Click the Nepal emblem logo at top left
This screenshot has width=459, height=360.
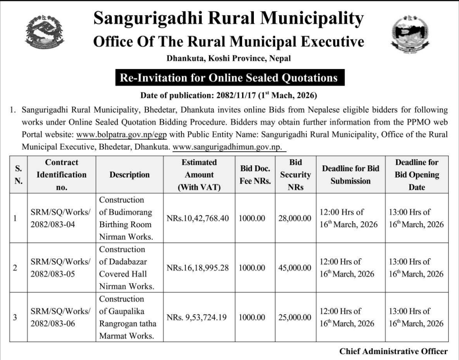pyautogui.click(x=44, y=32)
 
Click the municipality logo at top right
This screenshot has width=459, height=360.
pyautogui.click(x=410, y=33)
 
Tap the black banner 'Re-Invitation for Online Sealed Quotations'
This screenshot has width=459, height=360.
pyautogui.click(x=229, y=78)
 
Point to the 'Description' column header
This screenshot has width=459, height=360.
pyautogui.click(x=129, y=175)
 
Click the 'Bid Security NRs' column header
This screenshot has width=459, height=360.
pyautogui.click(x=295, y=175)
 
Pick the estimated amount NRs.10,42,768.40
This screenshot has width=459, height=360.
pyautogui.click(x=197, y=218)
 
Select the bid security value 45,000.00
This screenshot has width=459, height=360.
pyautogui.click(x=295, y=268)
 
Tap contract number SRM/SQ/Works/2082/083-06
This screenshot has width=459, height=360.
pyautogui.click(x=61, y=317)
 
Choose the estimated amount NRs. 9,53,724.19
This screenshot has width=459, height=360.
pyautogui.click(x=197, y=318)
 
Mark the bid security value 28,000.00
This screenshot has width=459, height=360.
pyautogui.click(x=295, y=218)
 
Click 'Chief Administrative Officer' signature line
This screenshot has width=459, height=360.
pyautogui.click(x=393, y=351)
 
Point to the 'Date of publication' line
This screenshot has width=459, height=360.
pyautogui.click(x=229, y=95)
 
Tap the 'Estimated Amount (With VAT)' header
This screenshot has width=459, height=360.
pyautogui.click(x=199, y=175)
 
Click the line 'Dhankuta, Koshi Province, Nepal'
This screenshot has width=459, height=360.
pyautogui.click(x=229, y=58)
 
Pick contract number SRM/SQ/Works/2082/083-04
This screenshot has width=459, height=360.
pyautogui.click(x=61, y=218)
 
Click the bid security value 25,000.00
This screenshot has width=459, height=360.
pyautogui.click(x=295, y=318)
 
